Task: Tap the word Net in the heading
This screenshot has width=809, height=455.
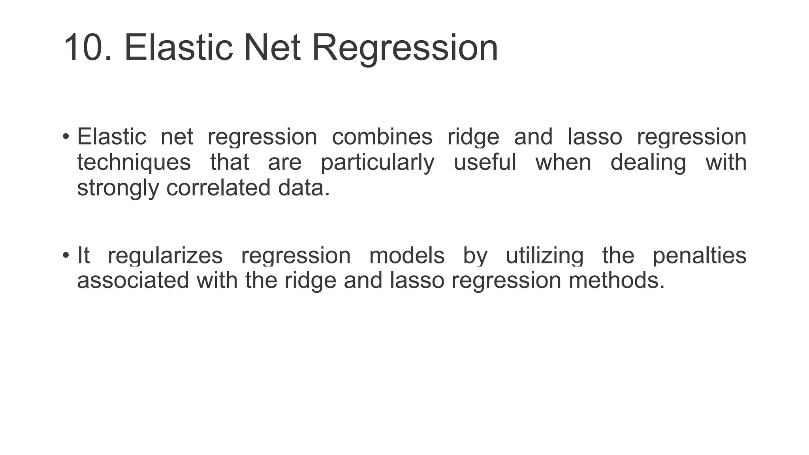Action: pyautogui.click(x=272, y=48)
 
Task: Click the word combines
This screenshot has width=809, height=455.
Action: pyautogui.click(x=382, y=137)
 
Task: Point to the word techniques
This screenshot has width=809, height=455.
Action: pyautogui.click(x=134, y=163)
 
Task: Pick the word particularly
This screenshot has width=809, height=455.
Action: pyautogui.click(x=377, y=163)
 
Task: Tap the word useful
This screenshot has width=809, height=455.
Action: pyautogui.click(x=485, y=162)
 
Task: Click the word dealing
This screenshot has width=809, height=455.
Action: pyautogui.click(x=648, y=163)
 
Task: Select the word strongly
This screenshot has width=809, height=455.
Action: pyautogui.click(x=118, y=188)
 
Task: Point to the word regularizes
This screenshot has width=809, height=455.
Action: pyautogui.click(x=165, y=256)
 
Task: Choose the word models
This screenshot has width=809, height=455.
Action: pyautogui.click(x=407, y=255)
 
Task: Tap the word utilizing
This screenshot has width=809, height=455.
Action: pyautogui.click(x=544, y=256)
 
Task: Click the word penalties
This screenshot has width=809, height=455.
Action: pyautogui.click(x=699, y=256)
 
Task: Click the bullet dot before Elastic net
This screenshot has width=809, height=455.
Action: pyautogui.click(x=66, y=137)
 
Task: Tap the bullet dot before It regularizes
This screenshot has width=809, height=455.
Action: pyautogui.click(x=66, y=255)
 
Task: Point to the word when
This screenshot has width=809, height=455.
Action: pyautogui.click(x=563, y=162)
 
